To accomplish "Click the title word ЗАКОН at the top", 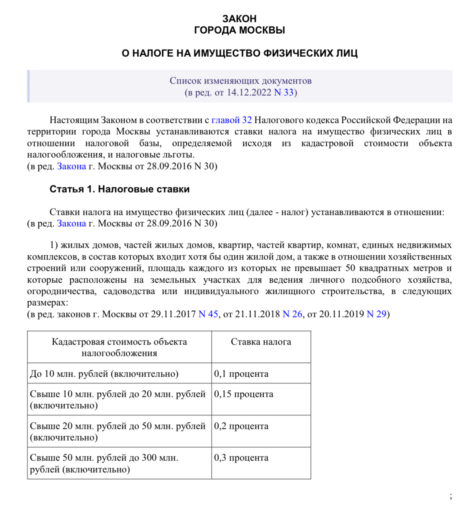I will pyautogui.click(x=239, y=19).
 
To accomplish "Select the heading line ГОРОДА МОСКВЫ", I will pyautogui.click(x=239, y=30).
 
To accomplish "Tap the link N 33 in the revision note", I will pyautogui.click(x=284, y=92).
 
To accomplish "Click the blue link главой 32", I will pyautogui.click(x=231, y=120).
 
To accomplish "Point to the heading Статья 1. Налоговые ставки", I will pyautogui.click(x=120, y=189).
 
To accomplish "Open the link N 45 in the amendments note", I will pyautogui.click(x=208, y=314).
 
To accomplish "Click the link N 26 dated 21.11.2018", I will pyautogui.click(x=292, y=314).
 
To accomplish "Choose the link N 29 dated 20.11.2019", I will pyautogui.click(x=376, y=314).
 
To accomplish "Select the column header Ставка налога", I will pyautogui.click(x=261, y=342).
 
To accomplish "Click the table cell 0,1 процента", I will pyautogui.click(x=241, y=374).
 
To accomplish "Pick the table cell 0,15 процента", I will pyautogui.click(x=244, y=394).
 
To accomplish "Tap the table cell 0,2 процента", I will pyautogui.click(x=241, y=426).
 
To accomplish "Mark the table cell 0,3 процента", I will pyautogui.click(x=241, y=458).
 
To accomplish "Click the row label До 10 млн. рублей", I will pyautogui.click(x=104, y=374).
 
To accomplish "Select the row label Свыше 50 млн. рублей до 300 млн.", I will pyautogui.click(x=104, y=458).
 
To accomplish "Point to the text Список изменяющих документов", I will pyautogui.click(x=240, y=81).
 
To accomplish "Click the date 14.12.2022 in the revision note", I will pyautogui.click(x=248, y=92).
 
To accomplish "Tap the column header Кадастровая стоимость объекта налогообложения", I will pyautogui.click(x=119, y=347).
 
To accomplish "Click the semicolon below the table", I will pyautogui.click(x=451, y=496).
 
